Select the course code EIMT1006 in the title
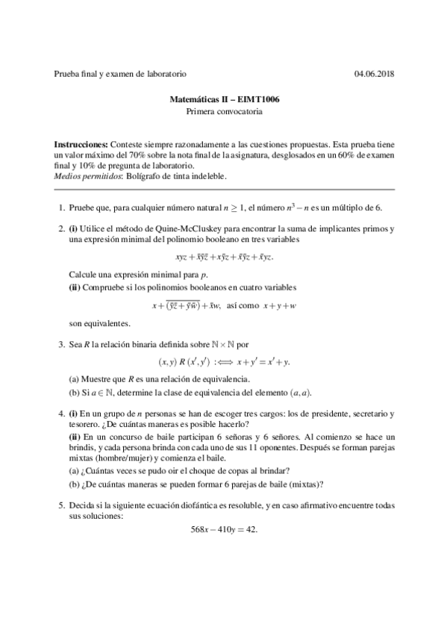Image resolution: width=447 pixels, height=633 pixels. pos(265,99)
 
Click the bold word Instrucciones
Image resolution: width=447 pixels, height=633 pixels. pos(81,143)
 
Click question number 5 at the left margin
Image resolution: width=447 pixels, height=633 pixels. pos(60,505)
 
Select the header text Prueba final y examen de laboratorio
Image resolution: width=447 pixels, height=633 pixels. pos(120,74)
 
